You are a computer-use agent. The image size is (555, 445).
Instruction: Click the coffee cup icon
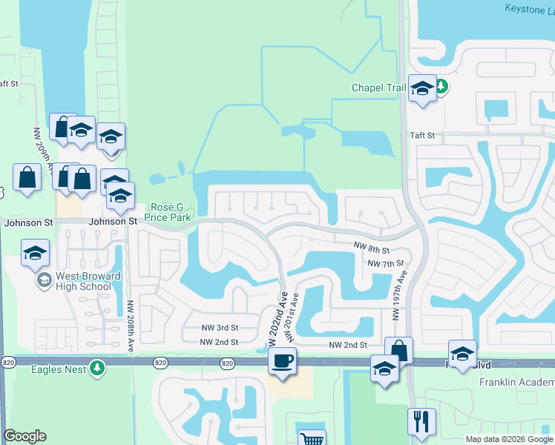pyautogui.click(x=282, y=362)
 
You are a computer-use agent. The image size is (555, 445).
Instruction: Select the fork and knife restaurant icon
pyautogui.click(x=421, y=422)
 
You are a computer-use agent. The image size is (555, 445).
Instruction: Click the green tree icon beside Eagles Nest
pyautogui.click(x=96, y=367)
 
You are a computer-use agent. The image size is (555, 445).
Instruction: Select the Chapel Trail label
pyautogui.click(x=378, y=88)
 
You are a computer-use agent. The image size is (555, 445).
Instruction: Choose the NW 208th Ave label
pyautogui.click(x=131, y=311)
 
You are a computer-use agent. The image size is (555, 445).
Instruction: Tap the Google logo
pyautogui.click(x=24, y=436)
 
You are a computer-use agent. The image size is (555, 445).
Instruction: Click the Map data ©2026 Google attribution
pyautogui.click(x=508, y=439)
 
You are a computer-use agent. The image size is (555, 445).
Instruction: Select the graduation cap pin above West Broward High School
pyautogui.click(x=35, y=254)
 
